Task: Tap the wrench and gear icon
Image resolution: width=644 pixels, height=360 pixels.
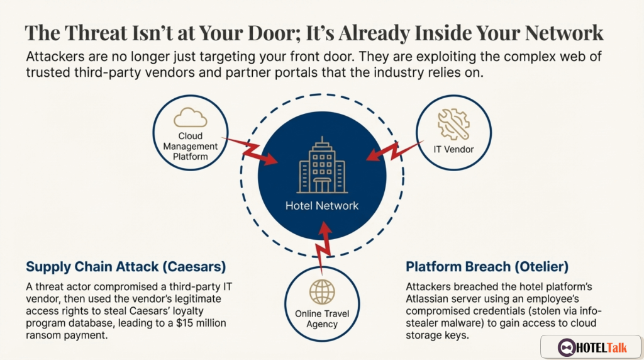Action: pos(453,123)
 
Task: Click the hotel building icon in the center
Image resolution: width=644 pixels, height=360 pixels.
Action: pos(322,165)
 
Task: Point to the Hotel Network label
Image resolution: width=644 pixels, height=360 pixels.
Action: pos(322,206)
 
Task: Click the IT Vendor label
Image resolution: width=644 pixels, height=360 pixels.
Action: pos(453,149)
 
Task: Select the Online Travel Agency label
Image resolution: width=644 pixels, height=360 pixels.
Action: pos(322,318)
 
